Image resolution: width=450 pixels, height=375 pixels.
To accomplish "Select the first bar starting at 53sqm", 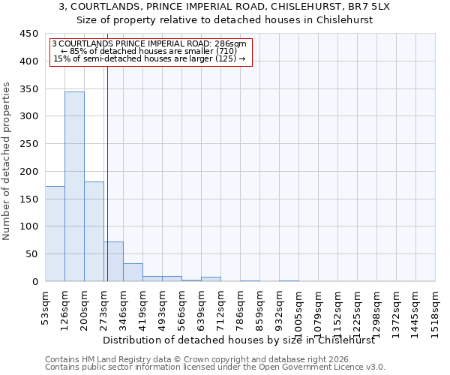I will [55, 233].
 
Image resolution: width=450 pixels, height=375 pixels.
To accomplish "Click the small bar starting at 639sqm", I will [211, 279].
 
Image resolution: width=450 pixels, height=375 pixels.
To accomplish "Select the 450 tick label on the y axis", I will [28, 34].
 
